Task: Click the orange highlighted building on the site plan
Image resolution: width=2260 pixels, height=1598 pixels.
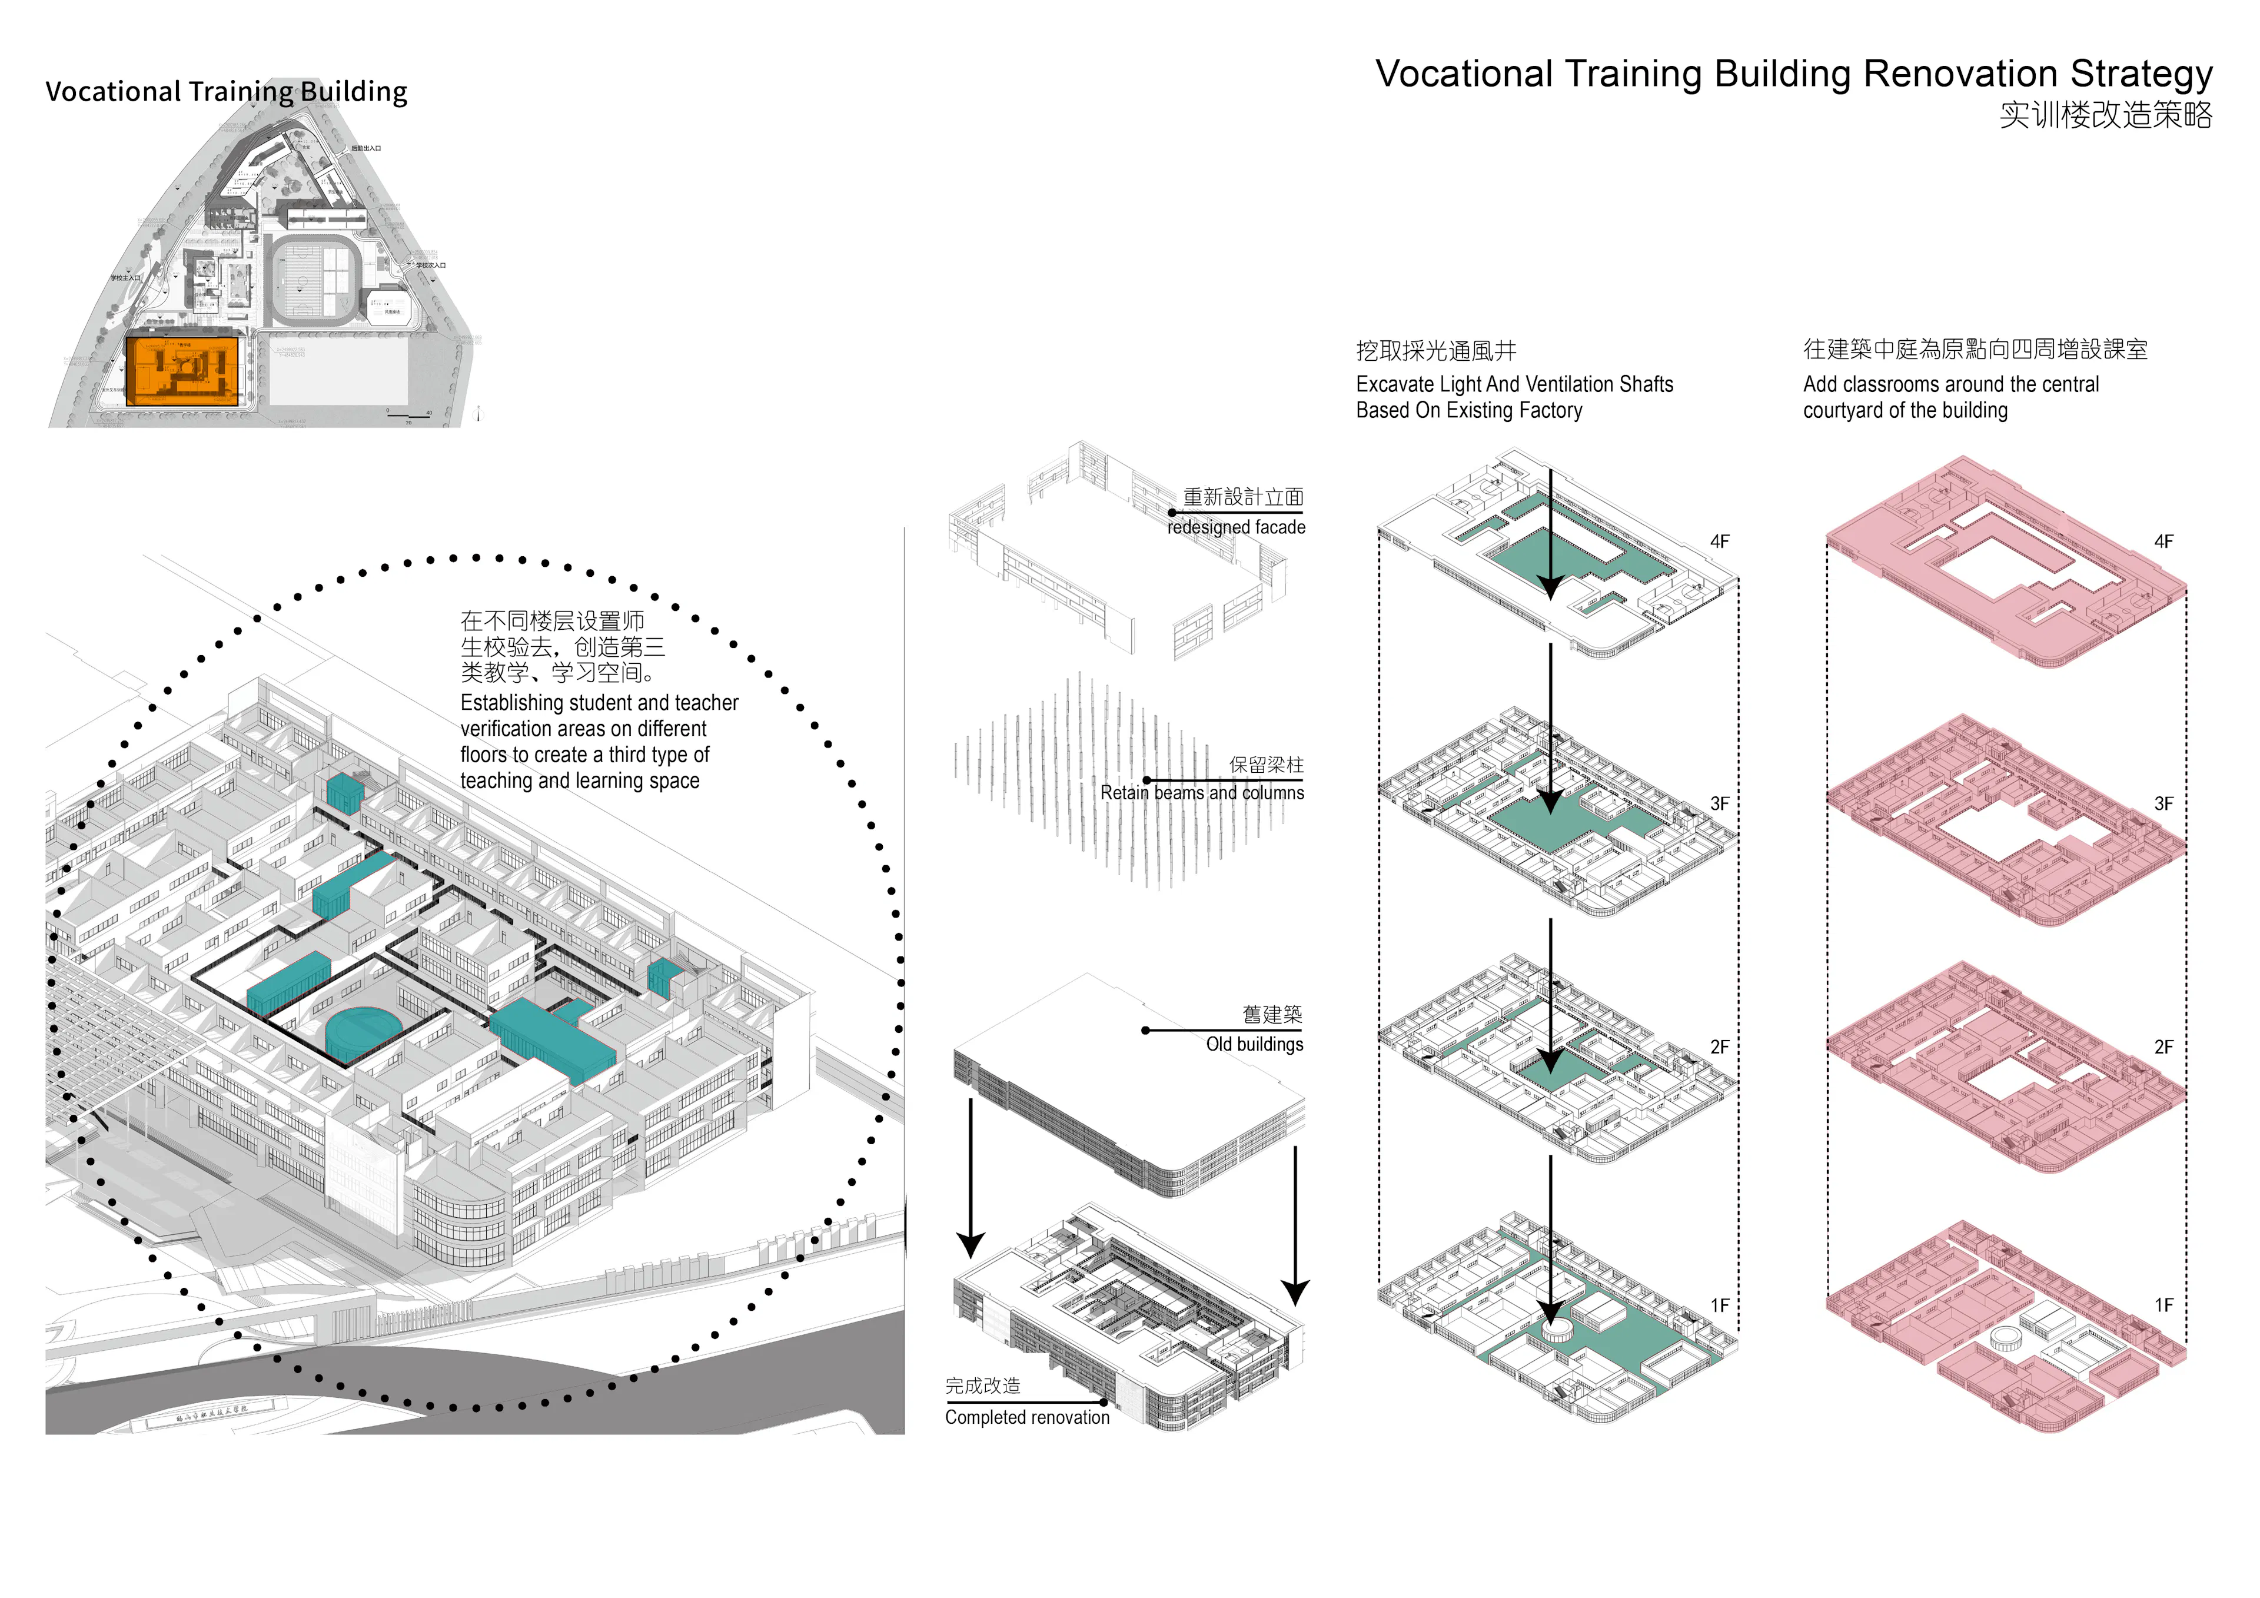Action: [183, 370]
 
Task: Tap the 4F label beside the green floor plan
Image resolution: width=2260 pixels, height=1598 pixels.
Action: [1720, 541]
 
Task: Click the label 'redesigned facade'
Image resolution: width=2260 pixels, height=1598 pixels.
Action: [1237, 528]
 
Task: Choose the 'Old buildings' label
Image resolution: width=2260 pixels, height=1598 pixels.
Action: [1254, 1045]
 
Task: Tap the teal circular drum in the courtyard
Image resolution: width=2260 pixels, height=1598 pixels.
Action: [362, 1029]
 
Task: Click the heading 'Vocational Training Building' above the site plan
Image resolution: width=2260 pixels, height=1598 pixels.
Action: [227, 92]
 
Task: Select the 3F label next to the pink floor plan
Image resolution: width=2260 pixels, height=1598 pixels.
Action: [2163, 803]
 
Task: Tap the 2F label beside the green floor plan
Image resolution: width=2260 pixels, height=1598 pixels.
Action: [1720, 1046]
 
